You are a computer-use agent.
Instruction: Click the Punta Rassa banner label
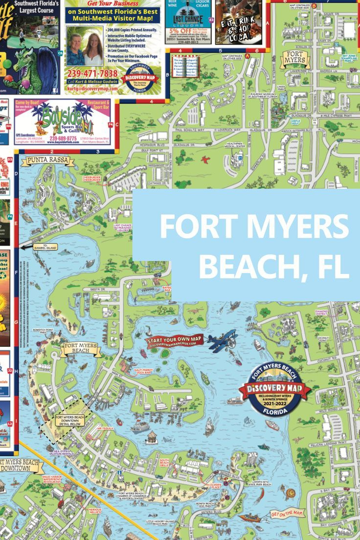click(x=44, y=160)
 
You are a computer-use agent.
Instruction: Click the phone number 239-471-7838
click(x=92, y=73)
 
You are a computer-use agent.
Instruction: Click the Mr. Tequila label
click(x=105, y=428)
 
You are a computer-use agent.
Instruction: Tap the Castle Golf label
click(x=295, y=122)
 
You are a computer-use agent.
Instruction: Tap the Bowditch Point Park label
click(x=43, y=331)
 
